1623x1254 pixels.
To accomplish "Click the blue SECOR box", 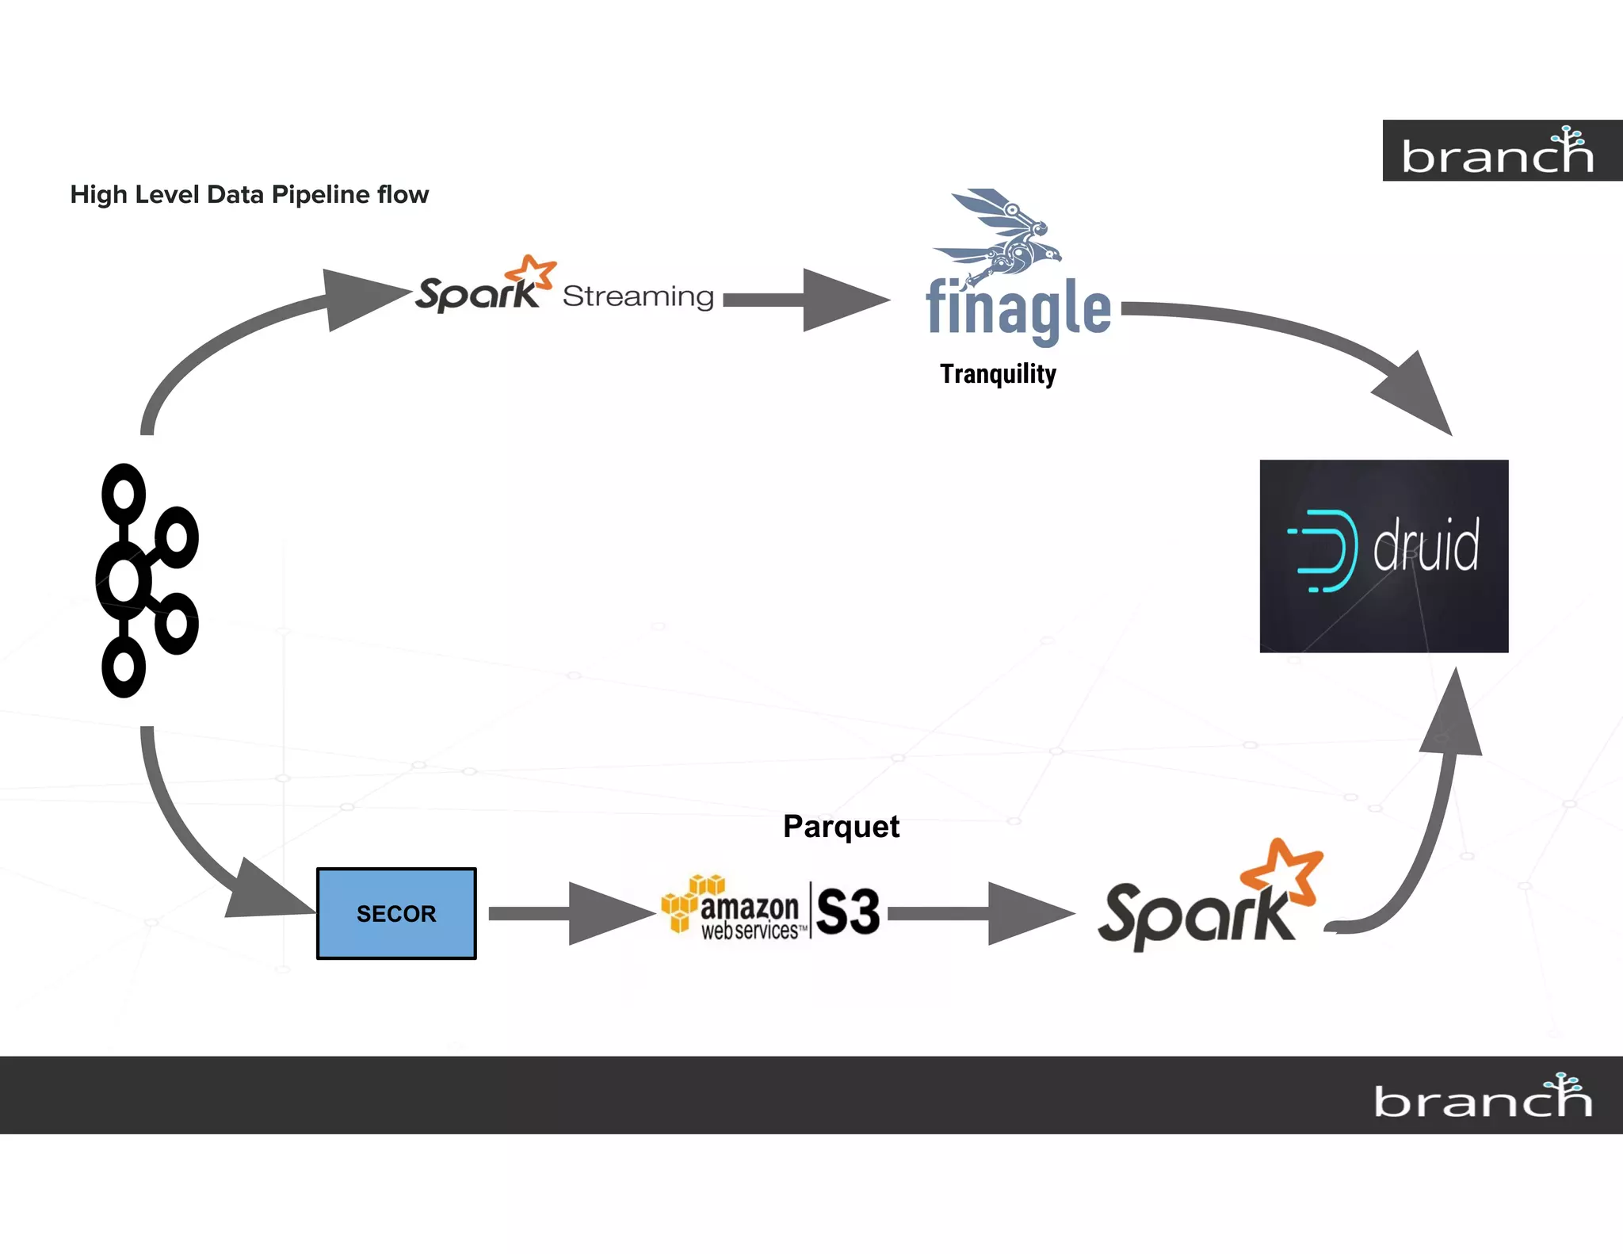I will pos(396,913).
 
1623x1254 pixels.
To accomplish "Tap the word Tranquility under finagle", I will pos(998,373).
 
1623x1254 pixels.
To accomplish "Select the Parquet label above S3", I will pos(841,827).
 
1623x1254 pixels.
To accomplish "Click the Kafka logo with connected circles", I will pos(147,580).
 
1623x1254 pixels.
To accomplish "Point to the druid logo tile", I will pos(1384,556).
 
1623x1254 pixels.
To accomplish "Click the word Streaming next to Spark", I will pos(638,296).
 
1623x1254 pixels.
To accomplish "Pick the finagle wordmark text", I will pos(1018,309).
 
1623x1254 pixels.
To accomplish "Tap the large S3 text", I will pos(848,912).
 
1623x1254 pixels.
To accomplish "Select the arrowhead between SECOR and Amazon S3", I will pos(606,914).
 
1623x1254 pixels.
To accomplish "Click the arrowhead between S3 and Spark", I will pos(1026,914).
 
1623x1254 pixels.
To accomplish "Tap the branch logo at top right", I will pos(1498,151).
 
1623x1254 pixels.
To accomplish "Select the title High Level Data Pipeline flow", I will pos(249,194).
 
